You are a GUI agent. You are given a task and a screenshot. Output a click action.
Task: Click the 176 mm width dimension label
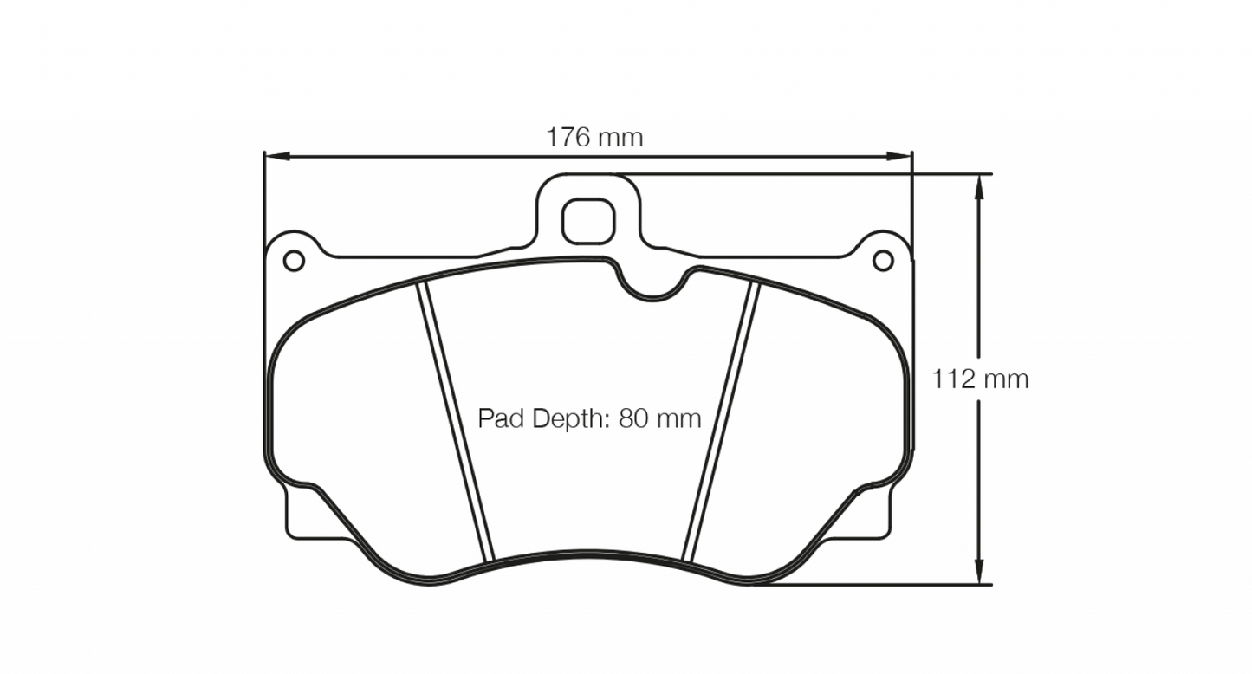pos(594,137)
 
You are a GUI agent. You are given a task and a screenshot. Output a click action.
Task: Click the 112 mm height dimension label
pos(980,379)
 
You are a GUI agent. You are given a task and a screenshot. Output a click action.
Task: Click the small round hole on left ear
pos(294,260)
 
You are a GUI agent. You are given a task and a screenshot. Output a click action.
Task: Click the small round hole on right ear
pos(882,260)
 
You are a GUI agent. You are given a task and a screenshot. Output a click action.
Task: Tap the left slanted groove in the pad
pos(456,420)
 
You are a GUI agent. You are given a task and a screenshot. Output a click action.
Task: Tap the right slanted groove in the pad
pos(721,420)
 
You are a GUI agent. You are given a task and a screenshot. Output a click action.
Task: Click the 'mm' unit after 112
pos(1005,379)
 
